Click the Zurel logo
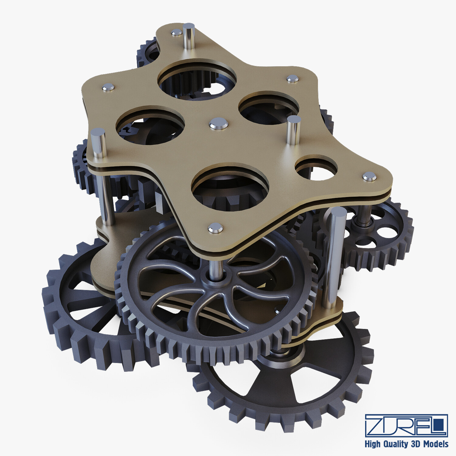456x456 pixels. pos(406,425)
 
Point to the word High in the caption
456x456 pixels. pos(373,444)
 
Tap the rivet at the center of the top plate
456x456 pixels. pos(219,123)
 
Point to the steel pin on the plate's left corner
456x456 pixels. pos(98,143)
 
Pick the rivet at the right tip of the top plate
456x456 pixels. pos(369,176)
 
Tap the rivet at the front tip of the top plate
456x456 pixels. pos(216,228)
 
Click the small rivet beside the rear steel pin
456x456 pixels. pos(176,33)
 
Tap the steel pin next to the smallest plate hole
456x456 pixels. pos(294,129)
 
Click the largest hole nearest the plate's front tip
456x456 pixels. pos(230,187)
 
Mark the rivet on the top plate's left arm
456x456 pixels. pos(108,88)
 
